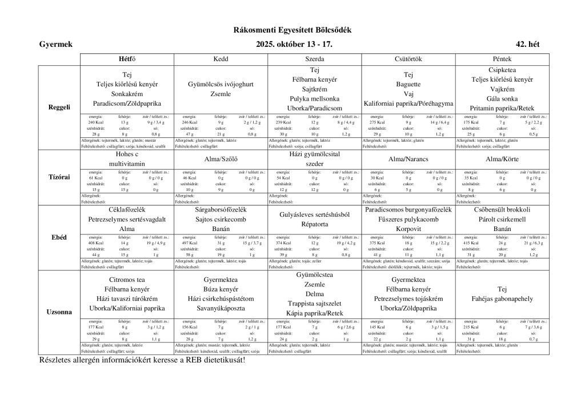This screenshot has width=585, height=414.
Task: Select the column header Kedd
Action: (221, 59)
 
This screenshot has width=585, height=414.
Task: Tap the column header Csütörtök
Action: (408, 59)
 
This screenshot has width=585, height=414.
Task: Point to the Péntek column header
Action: (502, 59)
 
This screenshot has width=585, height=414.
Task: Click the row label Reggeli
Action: (59, 107)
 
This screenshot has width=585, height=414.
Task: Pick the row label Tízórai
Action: (59, 177)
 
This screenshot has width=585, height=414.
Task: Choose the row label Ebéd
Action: (59, 237)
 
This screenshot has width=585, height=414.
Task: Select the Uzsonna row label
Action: (59, 312)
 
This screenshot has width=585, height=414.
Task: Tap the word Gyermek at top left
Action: (55, 44)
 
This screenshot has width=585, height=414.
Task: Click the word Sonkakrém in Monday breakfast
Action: (127, 94)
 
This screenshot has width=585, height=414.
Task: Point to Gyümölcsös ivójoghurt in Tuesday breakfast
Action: (221, 84)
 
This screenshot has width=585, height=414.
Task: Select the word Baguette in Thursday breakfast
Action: (408, 84)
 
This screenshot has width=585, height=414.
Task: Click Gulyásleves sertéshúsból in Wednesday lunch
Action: (315, 214)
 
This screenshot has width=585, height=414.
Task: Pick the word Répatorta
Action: (315, 224)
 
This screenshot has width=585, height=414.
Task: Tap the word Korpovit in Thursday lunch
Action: (408, 229)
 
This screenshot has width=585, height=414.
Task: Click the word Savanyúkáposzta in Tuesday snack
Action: (221, 309)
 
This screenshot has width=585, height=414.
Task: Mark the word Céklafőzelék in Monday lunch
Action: (127, 210)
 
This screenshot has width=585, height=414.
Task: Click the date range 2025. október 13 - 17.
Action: (292, 44)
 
